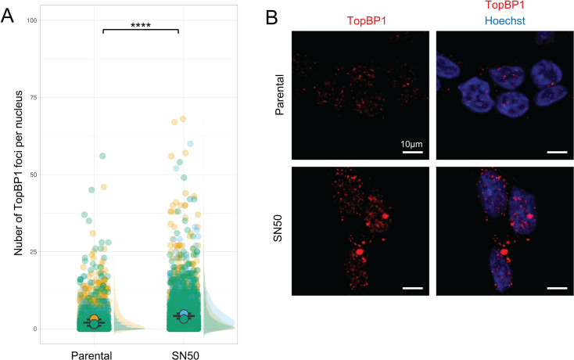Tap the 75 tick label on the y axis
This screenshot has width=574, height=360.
pos(32,97)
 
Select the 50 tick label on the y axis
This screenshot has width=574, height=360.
pos(32,175)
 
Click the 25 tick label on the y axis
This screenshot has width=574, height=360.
pos(32,251)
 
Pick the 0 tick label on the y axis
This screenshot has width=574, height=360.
pos(34,329)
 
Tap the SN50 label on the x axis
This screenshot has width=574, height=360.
pos(184,355)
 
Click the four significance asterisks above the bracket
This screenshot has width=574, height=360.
pos(142,24)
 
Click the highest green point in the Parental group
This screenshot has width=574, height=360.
pos(102,157)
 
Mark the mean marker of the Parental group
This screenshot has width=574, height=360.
pos(95,321)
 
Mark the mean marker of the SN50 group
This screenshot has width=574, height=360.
pos(184,316)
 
